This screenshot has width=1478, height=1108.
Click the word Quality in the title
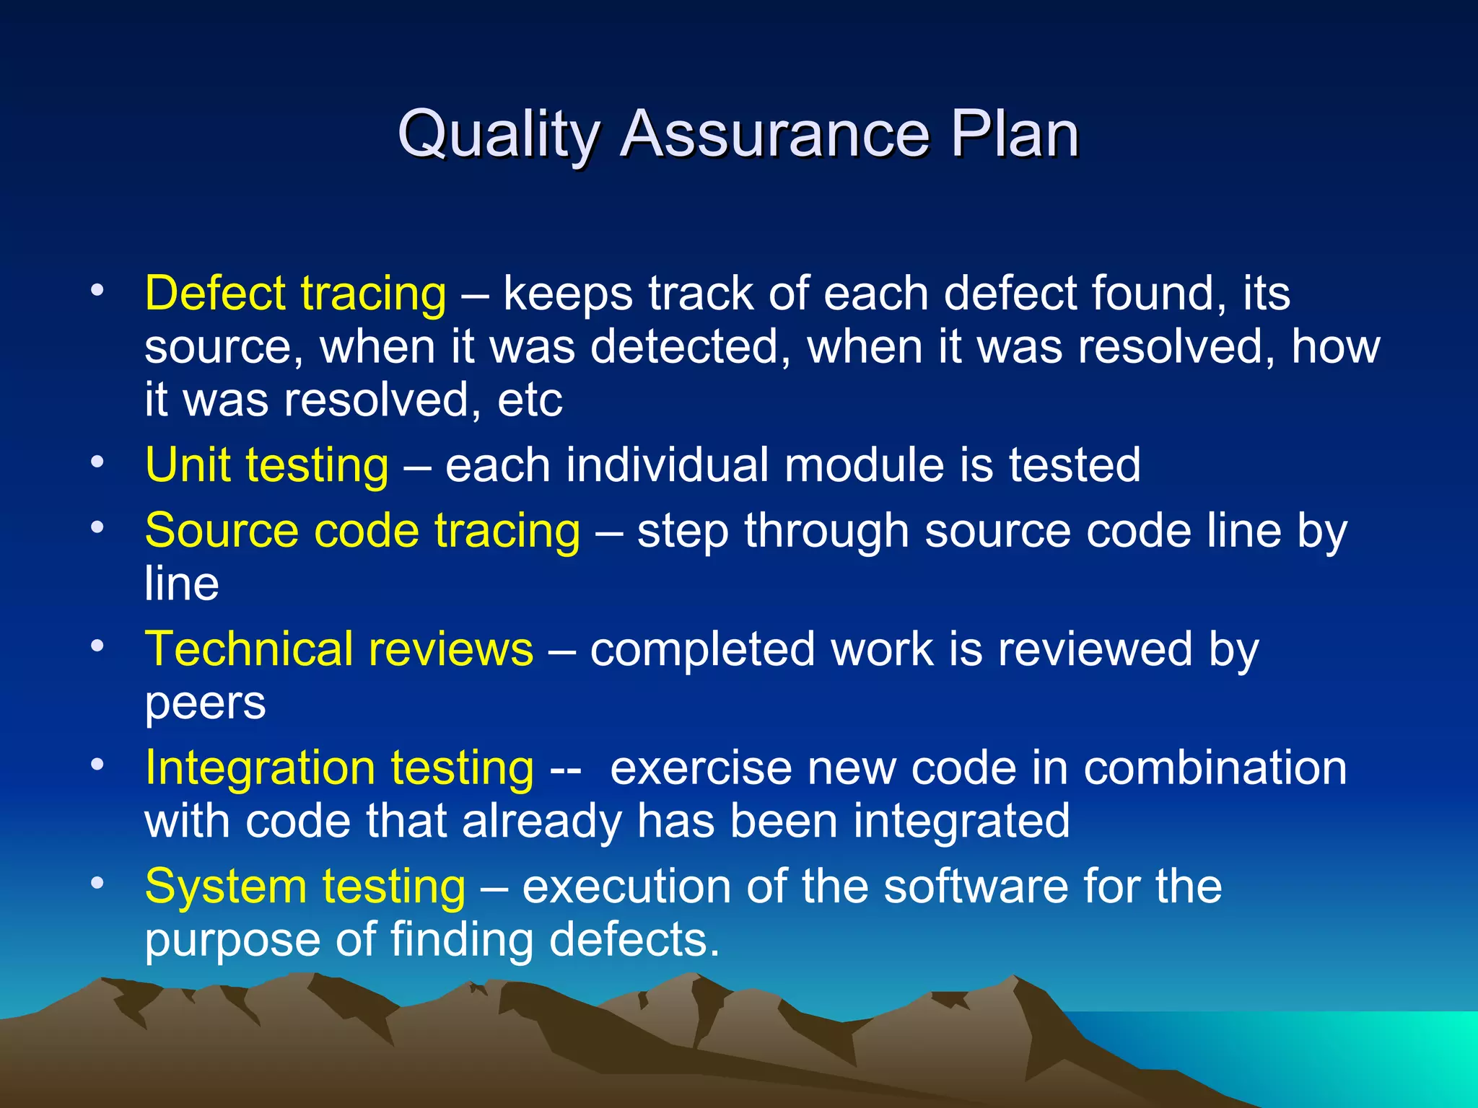(498, 135)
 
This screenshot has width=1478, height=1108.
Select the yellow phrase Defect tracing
(295, 294)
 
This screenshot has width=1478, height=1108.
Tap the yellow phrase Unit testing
(266, 465)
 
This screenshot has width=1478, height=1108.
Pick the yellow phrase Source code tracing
(362, 531)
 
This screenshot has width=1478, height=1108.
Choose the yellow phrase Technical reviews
(338, 649)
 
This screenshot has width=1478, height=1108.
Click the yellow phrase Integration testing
(339, 768)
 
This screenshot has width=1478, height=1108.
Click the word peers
(205, 704)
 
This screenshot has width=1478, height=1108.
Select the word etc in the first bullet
(530, 400)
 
